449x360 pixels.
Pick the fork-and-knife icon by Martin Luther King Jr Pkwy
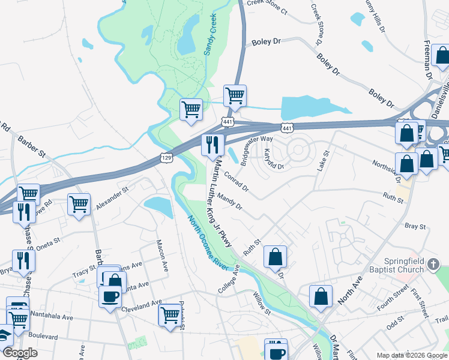[212, 145]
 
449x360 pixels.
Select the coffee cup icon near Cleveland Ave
[109, 296]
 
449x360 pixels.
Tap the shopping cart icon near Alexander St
[79, 204]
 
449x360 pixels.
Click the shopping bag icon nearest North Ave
[321, 296]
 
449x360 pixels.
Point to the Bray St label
[415, 227]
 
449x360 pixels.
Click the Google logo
[20, 353]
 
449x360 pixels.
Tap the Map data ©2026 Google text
[411, 355]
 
